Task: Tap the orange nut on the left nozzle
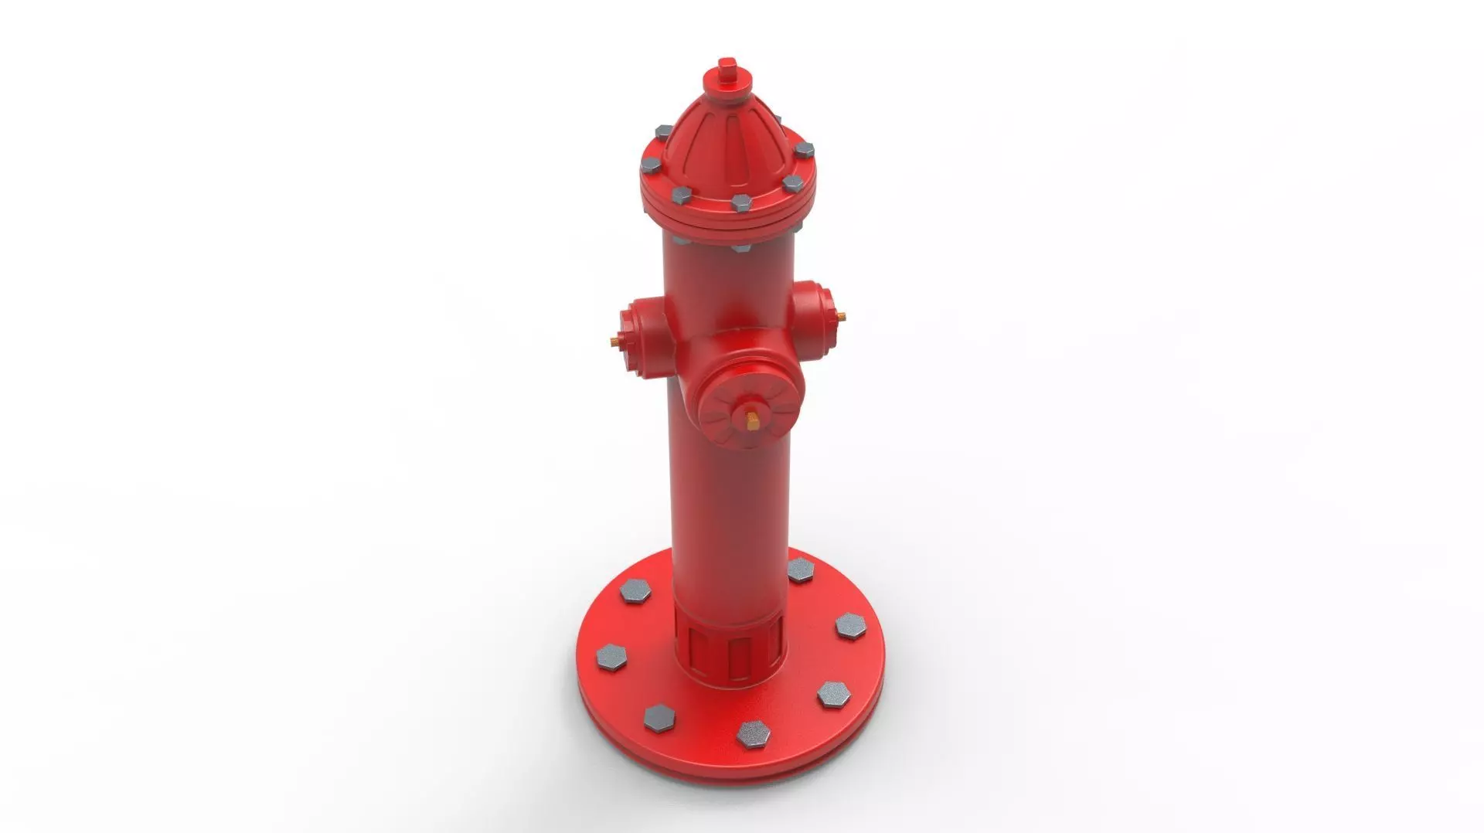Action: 613,341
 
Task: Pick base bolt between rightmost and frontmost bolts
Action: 833,693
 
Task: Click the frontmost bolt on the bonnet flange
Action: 740,202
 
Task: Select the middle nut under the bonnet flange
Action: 740,249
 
